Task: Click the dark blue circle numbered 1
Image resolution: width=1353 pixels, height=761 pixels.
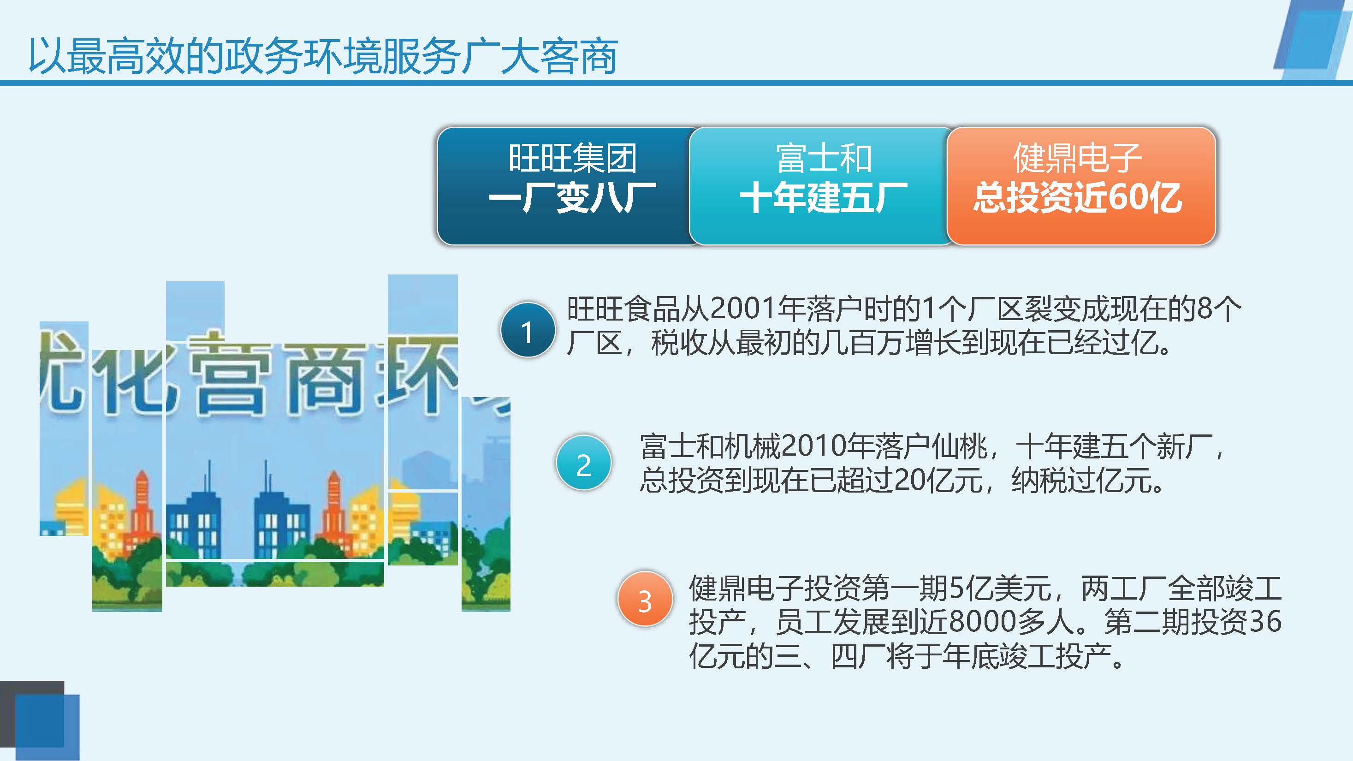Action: pyautogui.click(x=528, y=330)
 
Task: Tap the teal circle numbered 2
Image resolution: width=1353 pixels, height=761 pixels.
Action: pyautogui.click(x=583, y=463)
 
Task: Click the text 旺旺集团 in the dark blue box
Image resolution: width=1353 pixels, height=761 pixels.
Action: pyautogui.click(x=572, y=158)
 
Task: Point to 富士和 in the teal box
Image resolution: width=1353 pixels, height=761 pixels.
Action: pyautogui.click(x=824, y=158)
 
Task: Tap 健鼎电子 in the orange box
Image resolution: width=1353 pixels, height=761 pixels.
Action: pyautogui.click(x=1077, y=158)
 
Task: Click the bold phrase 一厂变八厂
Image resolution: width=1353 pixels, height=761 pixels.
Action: pyautogui.click(x=572, y=198)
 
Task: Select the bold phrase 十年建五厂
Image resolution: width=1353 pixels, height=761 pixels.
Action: pyautogui.click(x=824, y=198)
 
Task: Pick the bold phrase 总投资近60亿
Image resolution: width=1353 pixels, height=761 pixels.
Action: pyautogui.click(x=1077, y=198)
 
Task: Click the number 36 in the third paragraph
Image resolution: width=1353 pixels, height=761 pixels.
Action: pyautogui.click(x=1265, y=621)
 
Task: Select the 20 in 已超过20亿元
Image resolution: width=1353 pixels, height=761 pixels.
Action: pyautogui.click(x=910, y=480)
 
